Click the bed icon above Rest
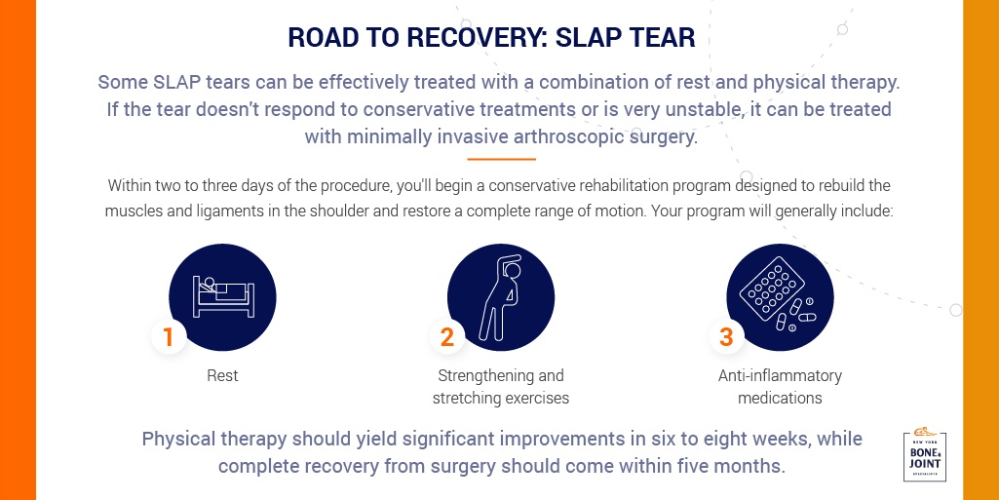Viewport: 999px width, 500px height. (223, 296)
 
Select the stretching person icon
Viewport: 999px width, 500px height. (500, 297)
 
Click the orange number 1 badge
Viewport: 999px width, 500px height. (169, 337)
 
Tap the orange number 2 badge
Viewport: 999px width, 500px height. (447, 337)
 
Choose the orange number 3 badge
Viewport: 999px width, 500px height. (726, 337)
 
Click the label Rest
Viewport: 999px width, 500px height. (222, 376)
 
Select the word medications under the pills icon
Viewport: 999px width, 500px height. (780, 398)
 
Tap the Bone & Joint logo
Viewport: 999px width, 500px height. (925, 455)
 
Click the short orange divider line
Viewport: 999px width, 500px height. (501, 159)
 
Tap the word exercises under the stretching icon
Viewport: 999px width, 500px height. (535, 398)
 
